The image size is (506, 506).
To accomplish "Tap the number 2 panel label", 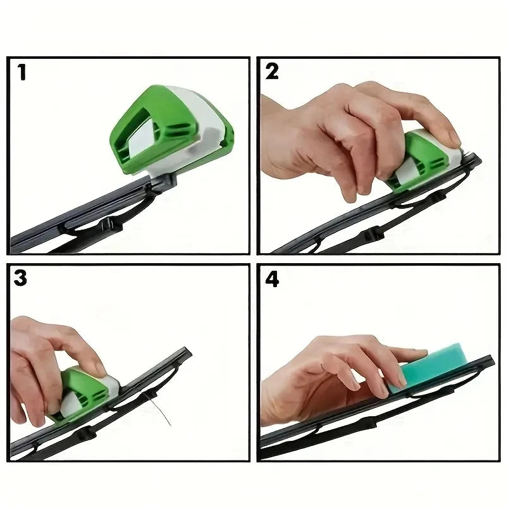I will point(272,71).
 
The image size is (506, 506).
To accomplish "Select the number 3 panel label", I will point(22,278).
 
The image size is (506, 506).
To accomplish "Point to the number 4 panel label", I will point(272,279).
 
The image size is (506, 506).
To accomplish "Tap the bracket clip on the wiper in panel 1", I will point(114,222).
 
